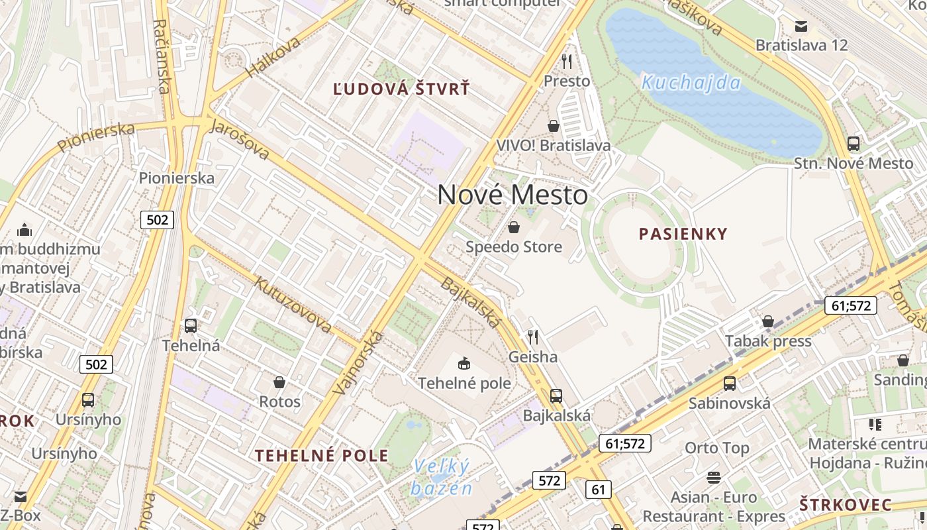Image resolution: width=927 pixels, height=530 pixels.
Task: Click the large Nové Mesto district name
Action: coord(512,195)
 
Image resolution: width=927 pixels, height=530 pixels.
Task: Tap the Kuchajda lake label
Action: coord(691,83)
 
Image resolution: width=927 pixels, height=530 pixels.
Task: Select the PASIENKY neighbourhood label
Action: coord(683,233)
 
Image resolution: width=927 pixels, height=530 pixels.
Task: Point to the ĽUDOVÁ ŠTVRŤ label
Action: coord(401,89)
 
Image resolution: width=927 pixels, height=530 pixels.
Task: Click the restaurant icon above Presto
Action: coord(567,62)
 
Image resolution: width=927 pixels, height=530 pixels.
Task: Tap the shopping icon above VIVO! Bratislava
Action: coord(554,126)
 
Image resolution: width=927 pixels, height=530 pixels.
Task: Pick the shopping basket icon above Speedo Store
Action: coord(514,228)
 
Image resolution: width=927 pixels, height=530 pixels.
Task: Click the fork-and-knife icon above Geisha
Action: coord(533,337)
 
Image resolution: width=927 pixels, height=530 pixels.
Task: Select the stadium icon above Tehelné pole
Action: coord(464,362)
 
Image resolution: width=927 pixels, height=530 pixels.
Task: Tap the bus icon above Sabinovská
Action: coord(729,383)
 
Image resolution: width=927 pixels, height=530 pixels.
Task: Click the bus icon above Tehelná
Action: coord(191,325)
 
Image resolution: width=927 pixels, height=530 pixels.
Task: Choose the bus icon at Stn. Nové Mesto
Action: coord(854,143)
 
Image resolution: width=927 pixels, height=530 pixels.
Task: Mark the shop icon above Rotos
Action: coord(279,382)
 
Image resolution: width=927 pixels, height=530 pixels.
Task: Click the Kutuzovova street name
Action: coord(293,304)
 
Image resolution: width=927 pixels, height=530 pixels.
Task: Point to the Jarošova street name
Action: coord(239,139)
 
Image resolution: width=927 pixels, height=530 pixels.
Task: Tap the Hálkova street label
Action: coord(273,56)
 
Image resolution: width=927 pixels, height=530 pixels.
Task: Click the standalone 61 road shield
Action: coord(598,490)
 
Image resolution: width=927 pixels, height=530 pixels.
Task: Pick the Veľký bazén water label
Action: coord(441,477)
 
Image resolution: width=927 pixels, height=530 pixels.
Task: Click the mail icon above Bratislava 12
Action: coord(801,26)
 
